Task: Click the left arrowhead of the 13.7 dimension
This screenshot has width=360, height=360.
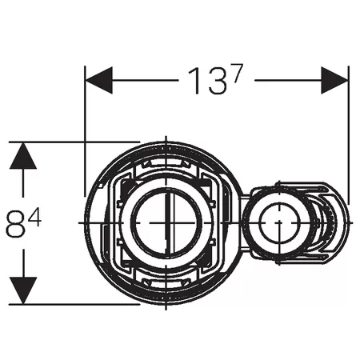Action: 98,80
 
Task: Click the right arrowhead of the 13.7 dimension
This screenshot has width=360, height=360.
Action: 334,80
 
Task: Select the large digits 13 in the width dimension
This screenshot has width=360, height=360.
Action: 208,81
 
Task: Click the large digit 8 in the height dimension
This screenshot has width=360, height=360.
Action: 16,223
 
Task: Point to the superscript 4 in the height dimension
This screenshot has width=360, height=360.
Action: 34,218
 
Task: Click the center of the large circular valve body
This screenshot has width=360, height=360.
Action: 166,222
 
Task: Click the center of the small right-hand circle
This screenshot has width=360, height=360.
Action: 278,222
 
